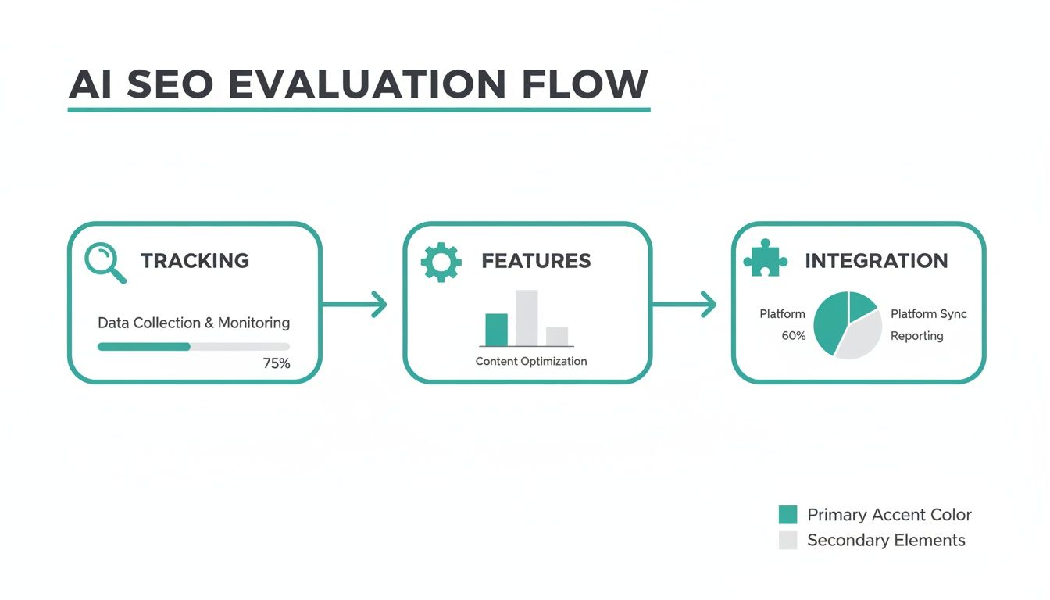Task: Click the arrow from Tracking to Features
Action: pos(355,304)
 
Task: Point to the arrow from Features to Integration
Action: pos(684,304)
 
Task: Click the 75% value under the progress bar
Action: pos(277,363)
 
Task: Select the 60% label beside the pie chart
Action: pos(794,336)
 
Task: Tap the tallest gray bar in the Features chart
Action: pos(527,318)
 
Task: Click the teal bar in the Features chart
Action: pos(496,329)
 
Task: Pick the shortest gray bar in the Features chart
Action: pos(557,336)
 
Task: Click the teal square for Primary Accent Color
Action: pos(788,515)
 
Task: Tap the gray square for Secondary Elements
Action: pos(788,540)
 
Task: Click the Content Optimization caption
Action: pos(531,361)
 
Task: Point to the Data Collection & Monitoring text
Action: pos(194,323)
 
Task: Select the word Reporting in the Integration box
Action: pos(917,336)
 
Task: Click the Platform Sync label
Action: pos(929,314)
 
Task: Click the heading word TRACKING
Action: pos(195,261)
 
